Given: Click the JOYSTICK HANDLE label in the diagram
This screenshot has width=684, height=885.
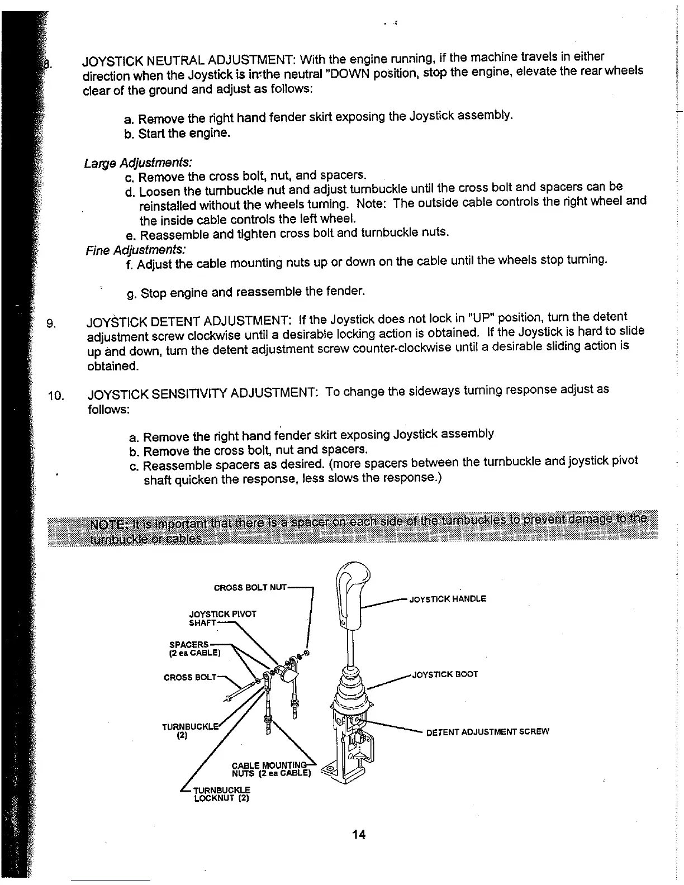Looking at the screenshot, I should pyautogui.click(x=448, y=599).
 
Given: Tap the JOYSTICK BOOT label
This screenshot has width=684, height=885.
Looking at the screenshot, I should pyautogui.click(x=445, y=674).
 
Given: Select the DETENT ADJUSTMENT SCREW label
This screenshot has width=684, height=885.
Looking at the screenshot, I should pyautogui.click(x=487, y=731).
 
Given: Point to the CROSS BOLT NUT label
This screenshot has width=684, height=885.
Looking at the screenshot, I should pyautogui.click(x=250, y=587).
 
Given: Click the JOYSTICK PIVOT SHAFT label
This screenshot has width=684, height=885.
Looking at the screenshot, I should pyautogui.click(x=222, y=617).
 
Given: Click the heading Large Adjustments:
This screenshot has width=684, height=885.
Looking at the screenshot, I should pyautogui.click(x=138, y=163).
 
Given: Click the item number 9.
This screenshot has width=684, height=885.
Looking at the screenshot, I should pyautogui.click(x=52, y=322).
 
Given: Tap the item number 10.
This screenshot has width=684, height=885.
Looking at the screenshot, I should pyautogui.click(x=56, y=396).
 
